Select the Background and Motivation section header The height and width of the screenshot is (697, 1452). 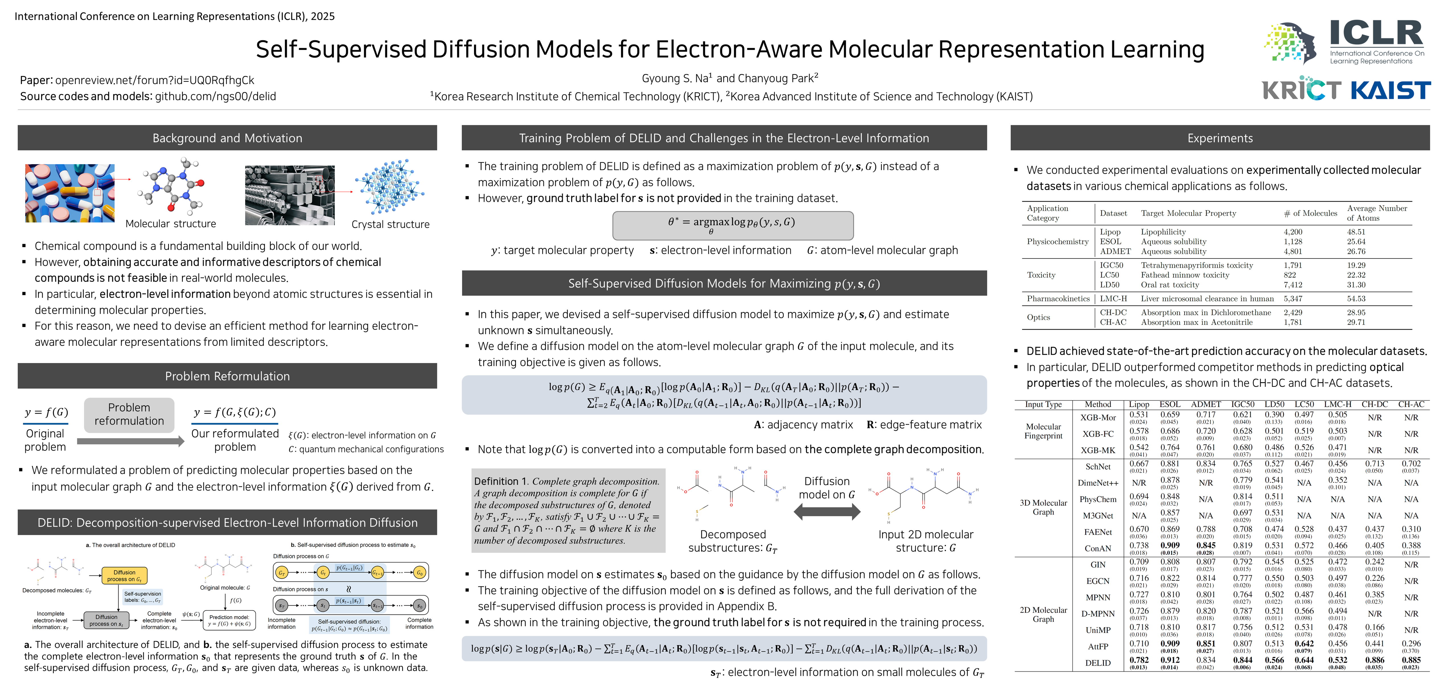[x=227, y=138]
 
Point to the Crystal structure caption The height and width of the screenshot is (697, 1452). [x=390, y=224]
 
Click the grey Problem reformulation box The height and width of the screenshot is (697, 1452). [x=129, y=415]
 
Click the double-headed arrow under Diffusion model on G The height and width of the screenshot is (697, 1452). [x=827, y=512]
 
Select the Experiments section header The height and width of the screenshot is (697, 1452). [x=1220, y=138]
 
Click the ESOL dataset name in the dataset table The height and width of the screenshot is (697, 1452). [x=1110, y=241]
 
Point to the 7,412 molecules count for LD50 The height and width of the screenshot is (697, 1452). [x=1293, y=285]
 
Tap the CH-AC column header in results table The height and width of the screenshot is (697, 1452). [x=1411, y=404]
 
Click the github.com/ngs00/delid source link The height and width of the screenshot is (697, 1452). [x=215, y=97]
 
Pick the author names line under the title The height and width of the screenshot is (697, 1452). [x=730, y=78]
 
